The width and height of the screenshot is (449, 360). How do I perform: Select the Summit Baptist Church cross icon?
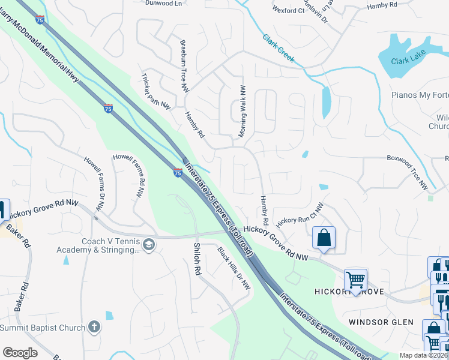(93, 327)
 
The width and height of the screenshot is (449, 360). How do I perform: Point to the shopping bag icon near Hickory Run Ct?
(324, 237)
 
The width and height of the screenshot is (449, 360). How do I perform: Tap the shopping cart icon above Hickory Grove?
(355, 280)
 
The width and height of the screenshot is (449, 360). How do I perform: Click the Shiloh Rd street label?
(196, 258)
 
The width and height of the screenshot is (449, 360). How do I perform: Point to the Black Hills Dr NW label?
(234, 268)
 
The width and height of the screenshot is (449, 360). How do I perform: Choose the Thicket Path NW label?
(156, 91)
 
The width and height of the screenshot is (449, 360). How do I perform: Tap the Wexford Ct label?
(288, 11)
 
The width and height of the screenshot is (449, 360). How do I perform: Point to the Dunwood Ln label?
(163, 3)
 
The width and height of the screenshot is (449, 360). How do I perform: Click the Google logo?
(20, 353)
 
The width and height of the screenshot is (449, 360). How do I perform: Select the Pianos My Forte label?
(420, 95)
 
